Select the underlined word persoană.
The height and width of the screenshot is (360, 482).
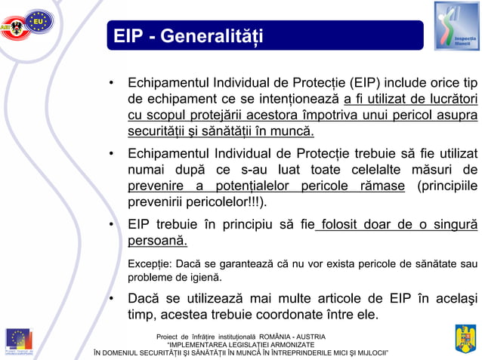(x=157, y=242)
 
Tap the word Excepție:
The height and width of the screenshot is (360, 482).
(x=150, y=263)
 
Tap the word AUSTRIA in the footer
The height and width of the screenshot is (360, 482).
(x=306, y=336)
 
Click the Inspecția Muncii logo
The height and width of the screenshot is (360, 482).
(x=456, y=26)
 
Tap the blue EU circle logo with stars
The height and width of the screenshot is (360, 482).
(x=39, y=22)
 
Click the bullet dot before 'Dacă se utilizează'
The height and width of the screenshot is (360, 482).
(x=111, y=297)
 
